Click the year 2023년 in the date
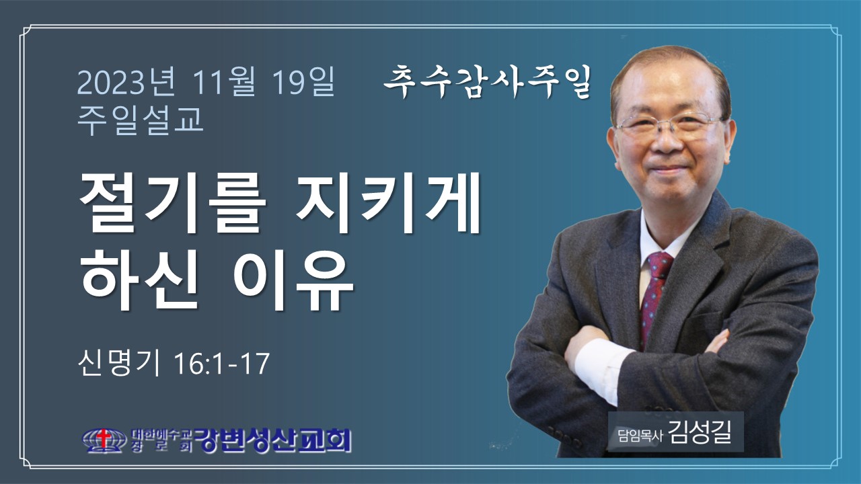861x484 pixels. coord(126,82)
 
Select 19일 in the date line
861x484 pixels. coord(303,82)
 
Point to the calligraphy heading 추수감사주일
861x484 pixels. coord(488,82)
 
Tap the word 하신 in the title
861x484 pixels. coord(139,279)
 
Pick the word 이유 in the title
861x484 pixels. coord(293,279)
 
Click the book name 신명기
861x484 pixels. coord(119,364)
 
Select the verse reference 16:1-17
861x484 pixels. coord(222,364)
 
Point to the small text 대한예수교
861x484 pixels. coord(161,434)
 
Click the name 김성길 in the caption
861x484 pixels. coord(700,432)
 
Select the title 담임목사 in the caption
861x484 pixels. coord(640,436)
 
